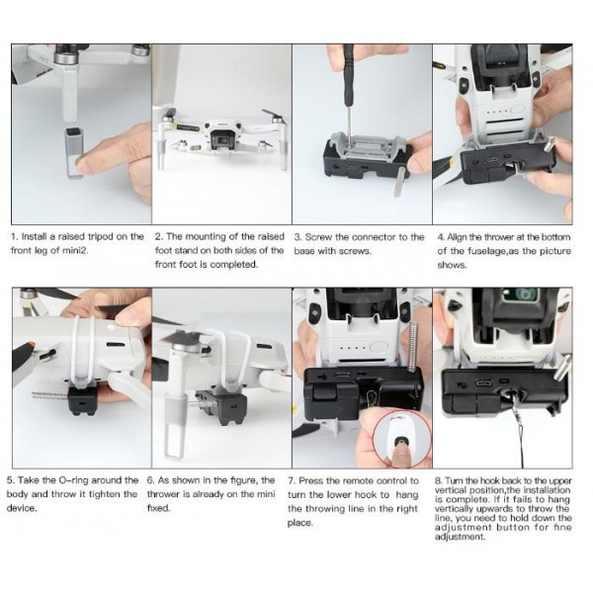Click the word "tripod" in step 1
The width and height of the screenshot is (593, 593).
click(x=102, y=237)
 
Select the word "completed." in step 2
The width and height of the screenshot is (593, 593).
click(x=233, y=265)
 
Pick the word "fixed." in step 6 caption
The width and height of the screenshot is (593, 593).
click(x=159, y=508)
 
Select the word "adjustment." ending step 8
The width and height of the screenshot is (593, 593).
click(x=460, y=537)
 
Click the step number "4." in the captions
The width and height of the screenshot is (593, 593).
click(x=441, y=237)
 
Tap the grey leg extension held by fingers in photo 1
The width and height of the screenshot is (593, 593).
click(x=74, y=152)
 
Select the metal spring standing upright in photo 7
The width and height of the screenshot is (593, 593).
click(x=413, y=351)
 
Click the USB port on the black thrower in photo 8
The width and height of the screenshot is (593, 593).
click(x=482, y=382)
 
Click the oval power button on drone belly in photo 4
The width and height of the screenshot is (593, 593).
click(x=518, y=110)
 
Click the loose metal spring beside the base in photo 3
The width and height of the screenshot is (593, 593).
click(x=400, y=182)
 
